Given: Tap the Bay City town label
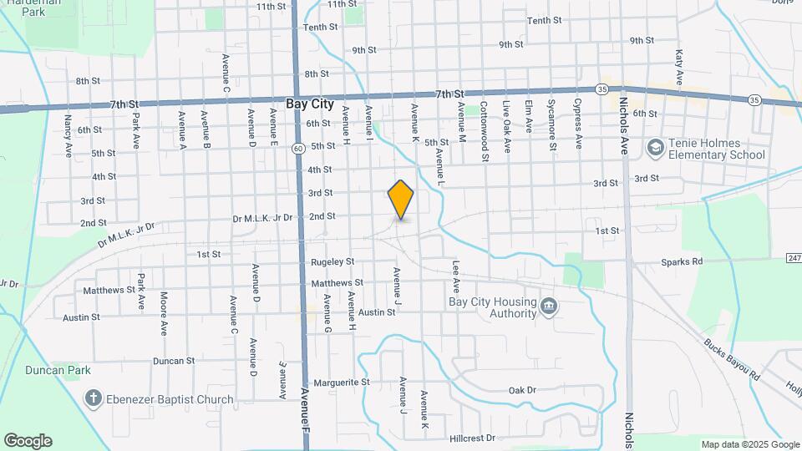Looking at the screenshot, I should [x=310, y=105].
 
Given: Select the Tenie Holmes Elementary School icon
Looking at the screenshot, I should [x=656, y=148].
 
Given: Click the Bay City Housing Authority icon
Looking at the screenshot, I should [x=548, y=306].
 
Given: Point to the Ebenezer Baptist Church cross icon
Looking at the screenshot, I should [x=94, y=398].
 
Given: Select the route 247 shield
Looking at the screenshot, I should [x=794, y=259].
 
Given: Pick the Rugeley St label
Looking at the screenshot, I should [x=332, y=262].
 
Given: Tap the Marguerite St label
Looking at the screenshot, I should [x=341, y=382].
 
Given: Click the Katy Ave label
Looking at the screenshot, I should [x=679, y=65].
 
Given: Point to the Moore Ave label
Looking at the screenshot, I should [x=164, y=310].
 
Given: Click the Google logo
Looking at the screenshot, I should [x=28, y=441].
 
